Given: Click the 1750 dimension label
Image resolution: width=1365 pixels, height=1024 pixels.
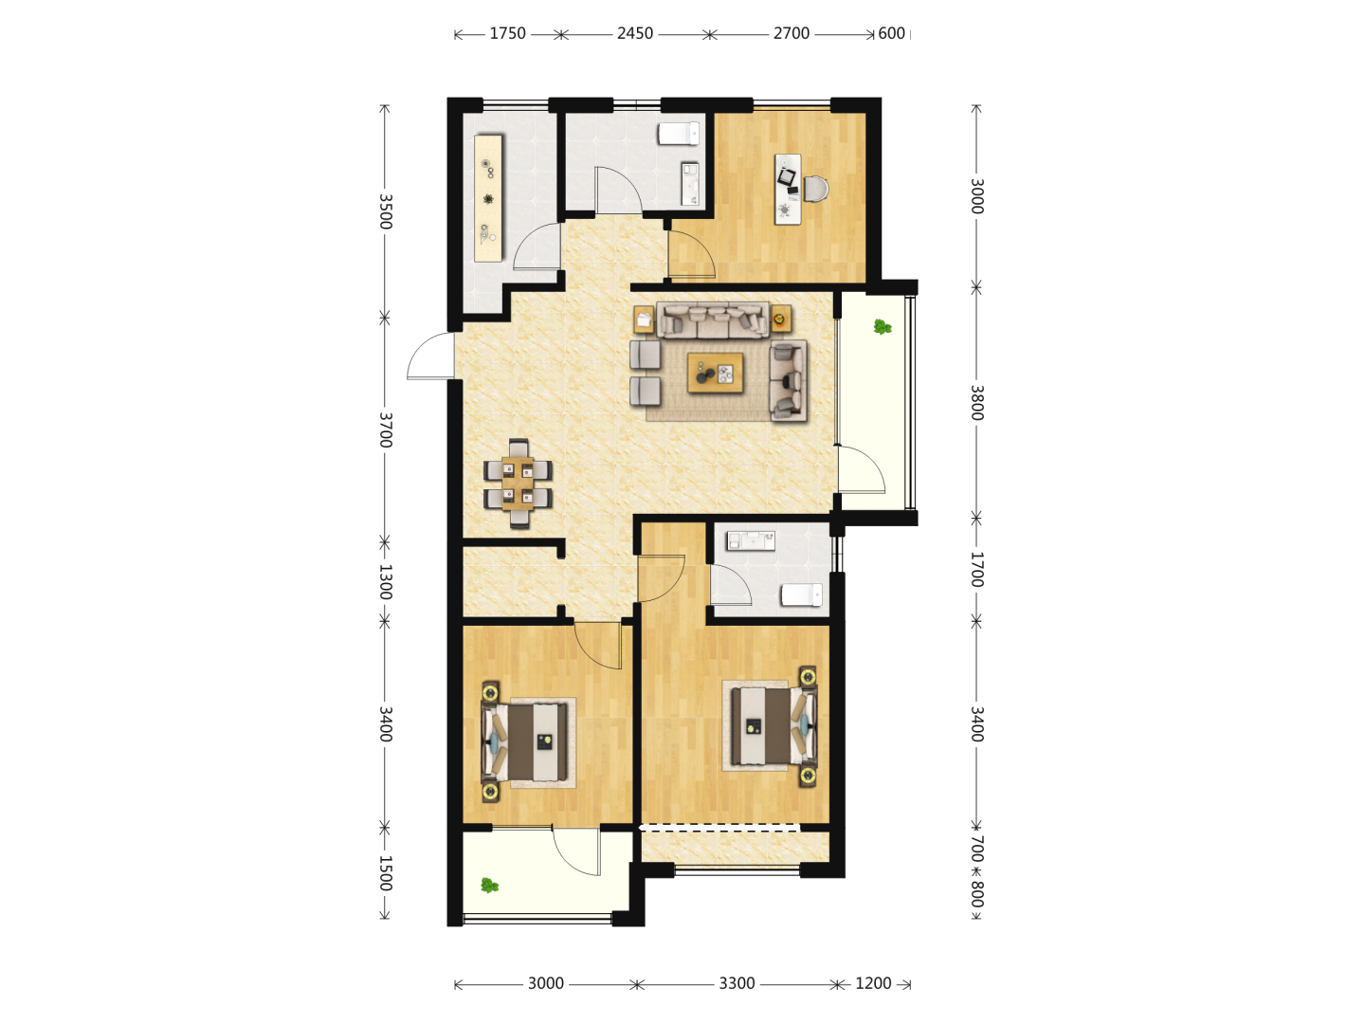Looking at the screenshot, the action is [x=507, y=33].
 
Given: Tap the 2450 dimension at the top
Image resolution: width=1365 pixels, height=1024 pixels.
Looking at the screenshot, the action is [x=635, y=33].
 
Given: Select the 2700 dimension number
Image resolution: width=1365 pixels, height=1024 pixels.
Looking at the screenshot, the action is [x=791, y=33].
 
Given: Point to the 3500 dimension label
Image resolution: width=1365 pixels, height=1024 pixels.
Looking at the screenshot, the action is [x=386, y=211].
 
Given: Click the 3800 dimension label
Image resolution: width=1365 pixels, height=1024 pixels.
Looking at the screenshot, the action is [x=977, y=403].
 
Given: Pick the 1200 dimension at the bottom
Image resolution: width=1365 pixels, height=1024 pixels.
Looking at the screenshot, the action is [x=873, y=983].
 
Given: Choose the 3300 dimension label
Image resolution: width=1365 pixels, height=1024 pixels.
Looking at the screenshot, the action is [x=737, y=983].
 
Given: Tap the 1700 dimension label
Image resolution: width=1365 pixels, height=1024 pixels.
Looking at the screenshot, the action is [x=977, y=570].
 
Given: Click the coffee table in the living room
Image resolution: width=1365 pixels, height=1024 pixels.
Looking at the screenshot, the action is [x=715, y=373].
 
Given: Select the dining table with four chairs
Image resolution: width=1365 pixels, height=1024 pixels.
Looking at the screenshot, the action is [x=518, y=484].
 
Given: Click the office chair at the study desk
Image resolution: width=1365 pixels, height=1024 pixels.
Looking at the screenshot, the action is [x=816, y=189].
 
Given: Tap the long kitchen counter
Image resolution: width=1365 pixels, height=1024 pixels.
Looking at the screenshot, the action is [x=488, y=198].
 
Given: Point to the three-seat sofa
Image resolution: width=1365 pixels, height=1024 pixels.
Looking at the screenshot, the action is [x=713, y=320].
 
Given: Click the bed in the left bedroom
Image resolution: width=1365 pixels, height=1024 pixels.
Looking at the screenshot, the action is [x=525, y=741].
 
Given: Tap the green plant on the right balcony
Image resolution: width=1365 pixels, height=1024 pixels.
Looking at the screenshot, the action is [x=883, y=326].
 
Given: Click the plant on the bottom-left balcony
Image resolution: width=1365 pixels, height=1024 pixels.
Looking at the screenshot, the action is [x=490, y=885].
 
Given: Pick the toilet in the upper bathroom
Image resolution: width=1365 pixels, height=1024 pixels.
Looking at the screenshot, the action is [x=679, y=133].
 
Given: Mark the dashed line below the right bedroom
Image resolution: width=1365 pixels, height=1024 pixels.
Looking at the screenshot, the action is [x=719, y=828].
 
